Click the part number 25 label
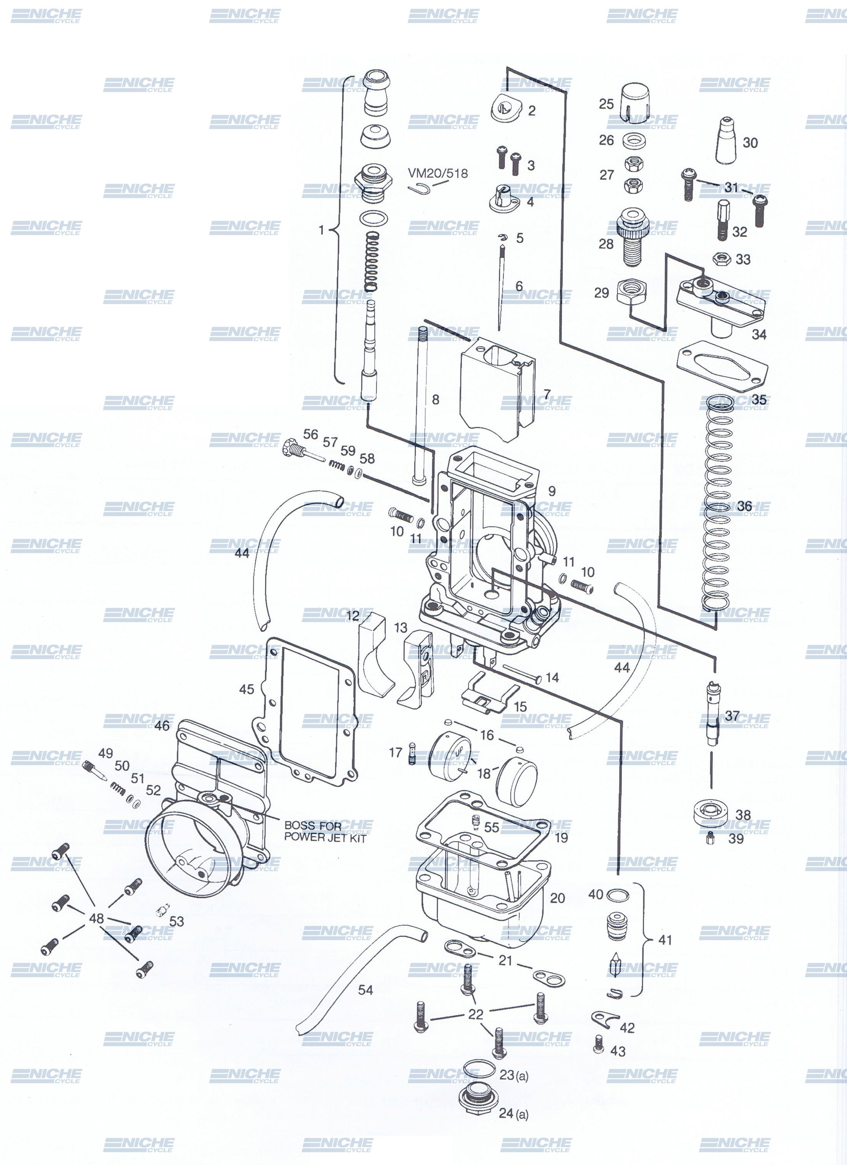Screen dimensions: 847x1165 point(606,104)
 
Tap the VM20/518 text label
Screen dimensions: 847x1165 point(438,173)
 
